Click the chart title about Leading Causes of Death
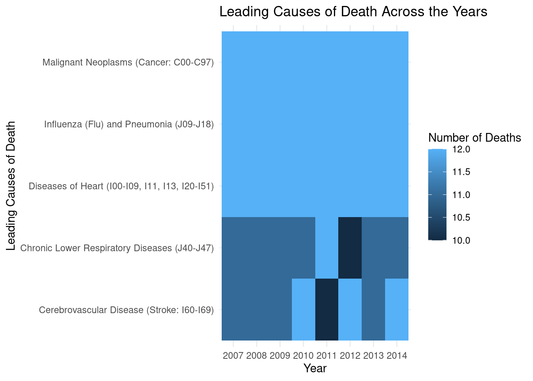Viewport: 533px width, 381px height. pyautogui.click(x=353, y=12)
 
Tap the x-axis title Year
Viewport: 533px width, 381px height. pyautogui.click(x=315, y=368)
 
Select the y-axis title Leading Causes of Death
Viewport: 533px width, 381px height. pyautogui.click(x=11, y=186)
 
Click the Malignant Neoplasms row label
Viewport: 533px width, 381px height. pyautogui.click(x=128, y=62)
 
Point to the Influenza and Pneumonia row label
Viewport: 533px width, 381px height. pyautogui.click(x=129, y=124)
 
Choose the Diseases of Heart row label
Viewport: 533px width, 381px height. pyautogui.click(x=121, y=186)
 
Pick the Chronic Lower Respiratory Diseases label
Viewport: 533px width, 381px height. pyautogui.click(x=117, y=248)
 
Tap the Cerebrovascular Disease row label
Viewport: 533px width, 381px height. pyautogui.click(x=126, y=310)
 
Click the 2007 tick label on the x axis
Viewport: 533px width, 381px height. pyautogui.click(x=233, y=356)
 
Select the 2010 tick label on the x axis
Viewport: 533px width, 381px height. pyautogui.click(x=303, y=356)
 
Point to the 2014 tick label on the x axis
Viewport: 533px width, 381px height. pyautogui.click(x=397, y=356)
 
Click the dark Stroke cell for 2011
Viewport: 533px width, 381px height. pyautogui.click(x=327, y=310)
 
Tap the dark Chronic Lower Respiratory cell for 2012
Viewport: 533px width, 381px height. pyautogui.click(x=350, y=248)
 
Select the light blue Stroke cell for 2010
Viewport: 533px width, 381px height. pyautogui.click(x=303, y=310)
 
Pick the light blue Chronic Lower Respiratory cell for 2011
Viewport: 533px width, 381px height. pyautogui.click(x=327, y=248)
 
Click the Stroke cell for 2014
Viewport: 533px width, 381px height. pyautogui.click(x=397, y=310)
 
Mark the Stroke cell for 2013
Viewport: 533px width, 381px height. pyautogui.click(x=374, y=310)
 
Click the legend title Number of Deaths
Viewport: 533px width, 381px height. pyautogui.click(x=475, y=138)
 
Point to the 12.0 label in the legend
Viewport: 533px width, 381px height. pyautogui.click(x=461, y=150)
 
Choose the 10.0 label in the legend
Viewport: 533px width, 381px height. pyautogui.click(x=461, y=241)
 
